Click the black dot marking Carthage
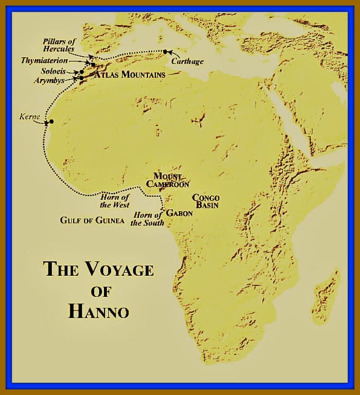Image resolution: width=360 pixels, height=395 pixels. pyautogui.click(x=165, y=51)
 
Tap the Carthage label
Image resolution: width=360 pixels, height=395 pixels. pyautogui.click(x=187, y=61)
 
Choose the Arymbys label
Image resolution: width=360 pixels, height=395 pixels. pyautogui.click(x=53, y=81)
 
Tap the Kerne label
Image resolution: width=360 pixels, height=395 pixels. pyautogui.click(x=30, y=117)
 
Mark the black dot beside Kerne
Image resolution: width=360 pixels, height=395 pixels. pyautogui.click(x=51, y=122)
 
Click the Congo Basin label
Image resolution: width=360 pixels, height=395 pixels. pyautogui.click(x=206, y=201)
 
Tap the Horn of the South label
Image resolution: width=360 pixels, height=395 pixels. pyautogui.click(x=148, y=219)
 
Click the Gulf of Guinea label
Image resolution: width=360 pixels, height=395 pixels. pyautogui.click(x=92, y=220)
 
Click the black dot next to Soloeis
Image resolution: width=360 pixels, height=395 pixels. pyautogui.click(x=82, y=72)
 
